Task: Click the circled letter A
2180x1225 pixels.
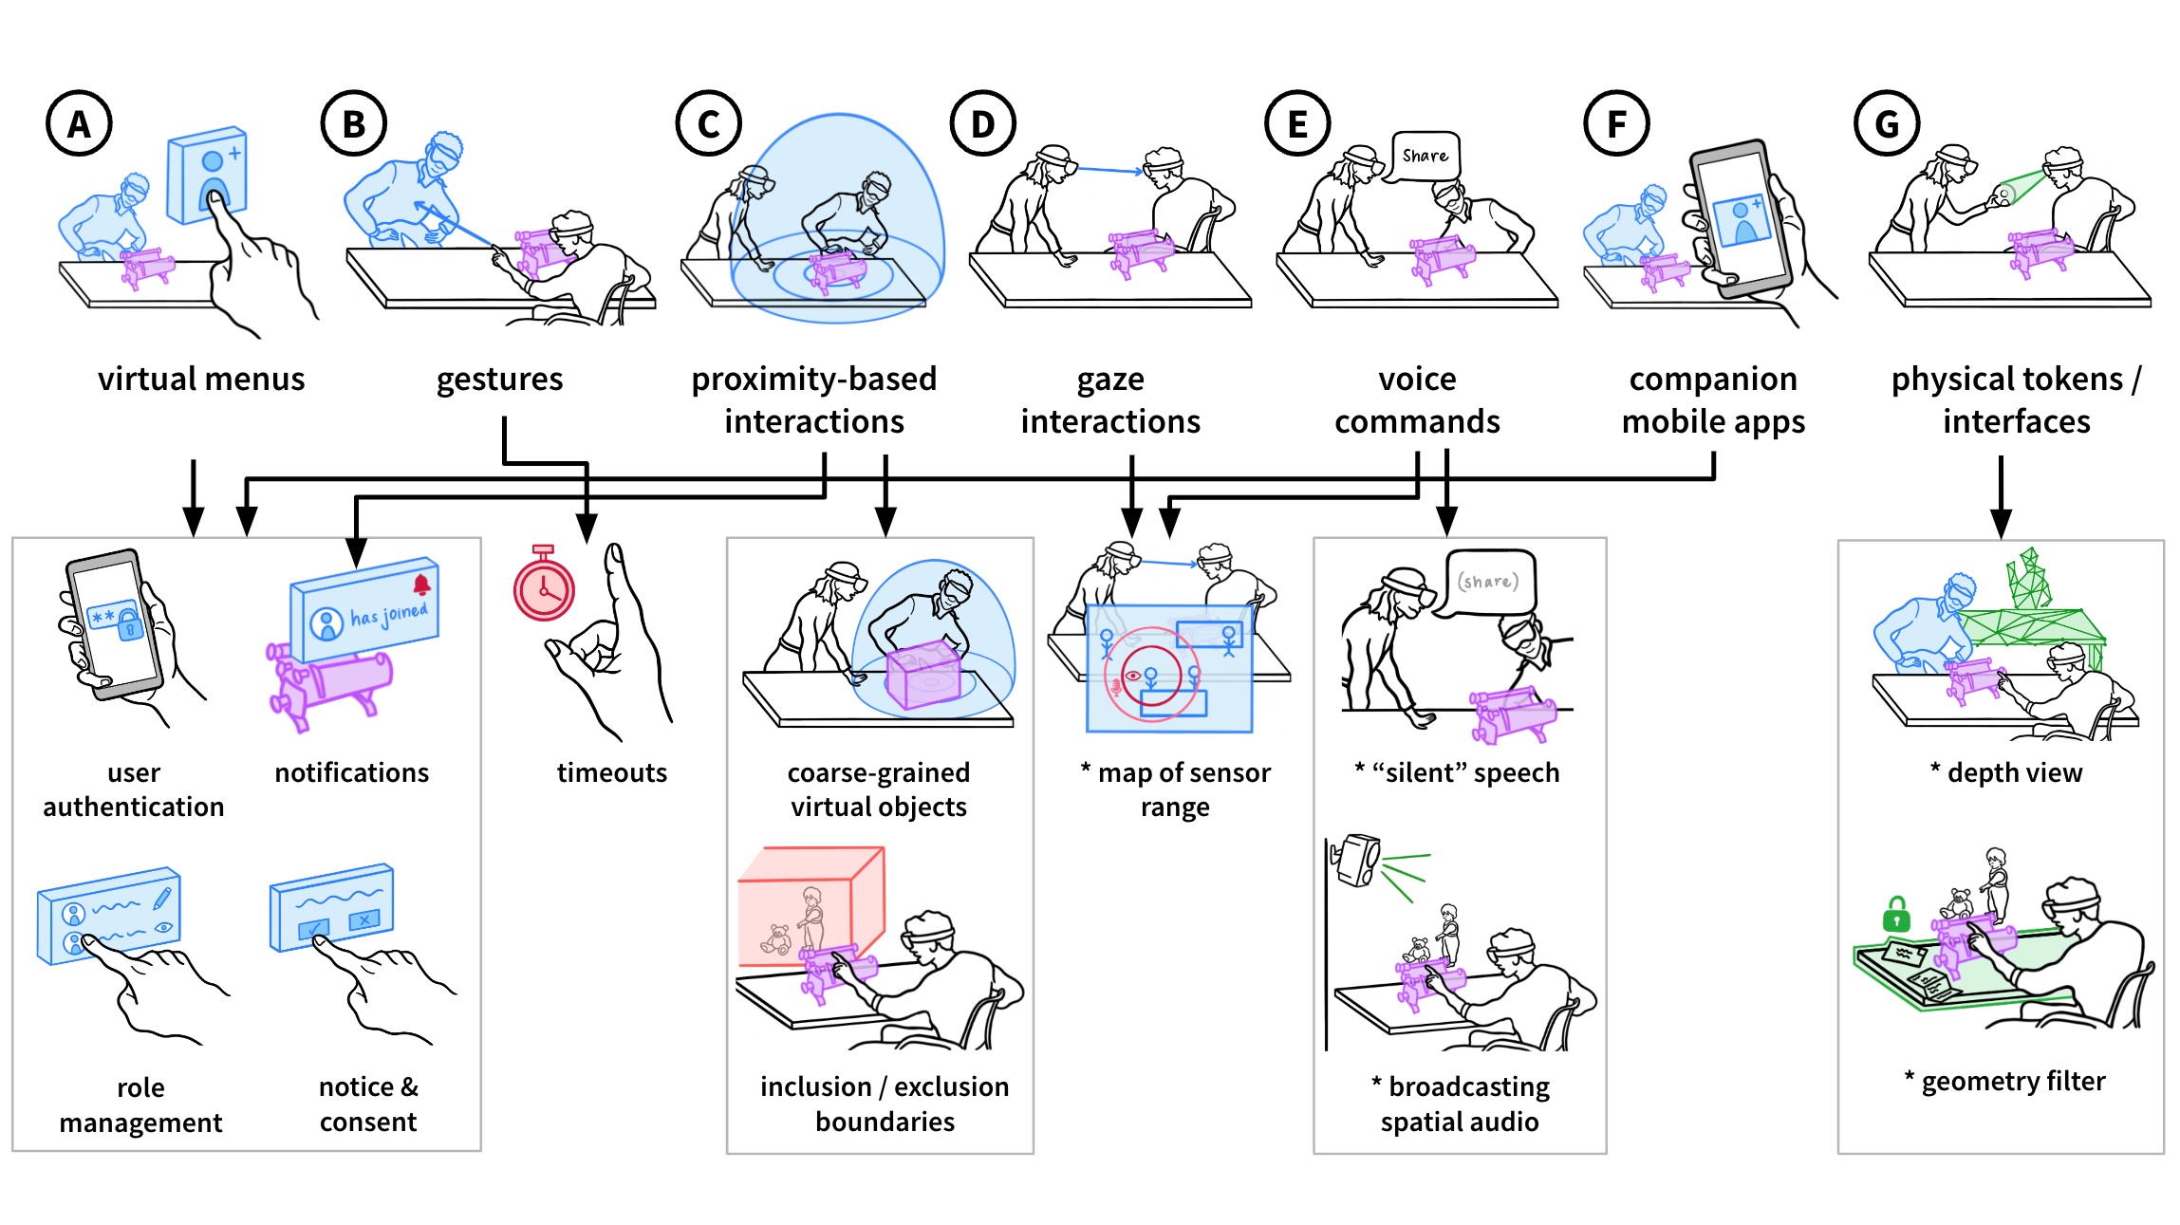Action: pos(80,123)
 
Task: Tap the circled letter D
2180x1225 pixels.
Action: pos(982,123)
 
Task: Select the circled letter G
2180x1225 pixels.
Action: pos(1886,123)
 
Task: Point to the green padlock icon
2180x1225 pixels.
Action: pos(1895,916)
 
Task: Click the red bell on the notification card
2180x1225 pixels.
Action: pos(421,584)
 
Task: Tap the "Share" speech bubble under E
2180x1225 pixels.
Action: pos(1425,156)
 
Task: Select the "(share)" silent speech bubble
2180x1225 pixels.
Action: pos(1488,582)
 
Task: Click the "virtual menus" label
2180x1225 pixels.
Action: pos(201,380)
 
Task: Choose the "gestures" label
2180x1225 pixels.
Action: pos(499,380)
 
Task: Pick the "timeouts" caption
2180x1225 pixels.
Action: pos(612,773)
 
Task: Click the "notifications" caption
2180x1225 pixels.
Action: pos(351,773)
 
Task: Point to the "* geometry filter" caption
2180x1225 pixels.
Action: pos(2004,1082)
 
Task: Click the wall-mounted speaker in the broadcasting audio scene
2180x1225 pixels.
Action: pos(1358,861)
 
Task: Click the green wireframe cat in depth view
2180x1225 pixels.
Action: pos(2027,579)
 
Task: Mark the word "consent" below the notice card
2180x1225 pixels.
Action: pos(368,1123)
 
